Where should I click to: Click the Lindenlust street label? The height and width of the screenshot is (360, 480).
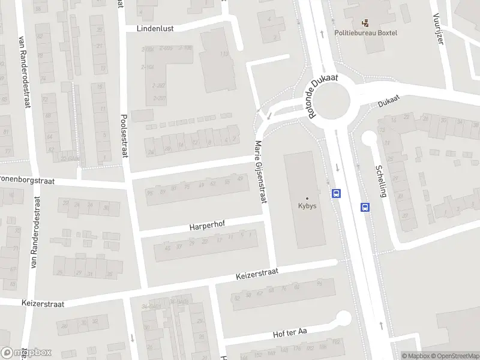pos(155,28)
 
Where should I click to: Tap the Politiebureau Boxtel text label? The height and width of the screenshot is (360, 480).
pos(365,33)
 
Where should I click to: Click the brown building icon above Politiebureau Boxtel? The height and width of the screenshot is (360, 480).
pos(365,23)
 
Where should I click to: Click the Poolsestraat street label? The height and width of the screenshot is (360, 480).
pos(125,136)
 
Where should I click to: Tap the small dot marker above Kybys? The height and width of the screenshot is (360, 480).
pos(307,198)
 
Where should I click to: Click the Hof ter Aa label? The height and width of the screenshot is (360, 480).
pos(290,333)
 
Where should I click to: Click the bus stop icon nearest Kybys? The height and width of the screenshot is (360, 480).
pos(337,193)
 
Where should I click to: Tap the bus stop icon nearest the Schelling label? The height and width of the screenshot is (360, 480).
pos(365,207)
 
